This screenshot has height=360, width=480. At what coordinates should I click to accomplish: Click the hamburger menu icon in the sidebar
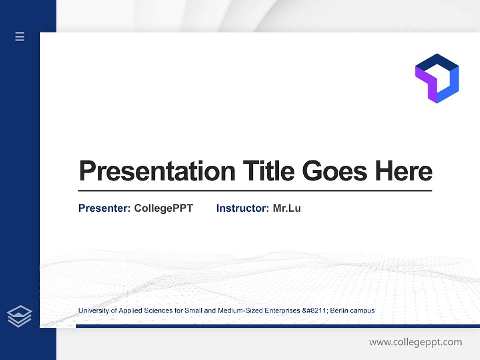coord(20,36)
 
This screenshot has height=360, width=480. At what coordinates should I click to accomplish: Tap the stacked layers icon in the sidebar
coord(19,316)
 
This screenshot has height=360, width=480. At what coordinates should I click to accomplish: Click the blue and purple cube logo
coord(437,78)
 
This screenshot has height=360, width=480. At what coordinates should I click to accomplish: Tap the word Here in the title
coord(404,171)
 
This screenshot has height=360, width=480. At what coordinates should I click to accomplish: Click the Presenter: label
coord(104,208)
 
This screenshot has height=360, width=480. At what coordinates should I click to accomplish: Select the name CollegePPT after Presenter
coord(163,208)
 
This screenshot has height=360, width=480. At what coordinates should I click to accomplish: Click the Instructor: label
coord(242,208)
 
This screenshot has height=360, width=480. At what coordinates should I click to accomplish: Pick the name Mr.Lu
coord(287,208)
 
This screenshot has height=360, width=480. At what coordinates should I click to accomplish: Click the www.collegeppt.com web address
coord(415,342)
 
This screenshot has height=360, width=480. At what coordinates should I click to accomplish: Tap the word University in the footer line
coord(93,311)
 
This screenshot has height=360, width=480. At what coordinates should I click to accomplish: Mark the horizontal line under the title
coord(255,190)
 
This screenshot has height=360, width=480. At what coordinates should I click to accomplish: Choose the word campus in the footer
coord(363,311)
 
